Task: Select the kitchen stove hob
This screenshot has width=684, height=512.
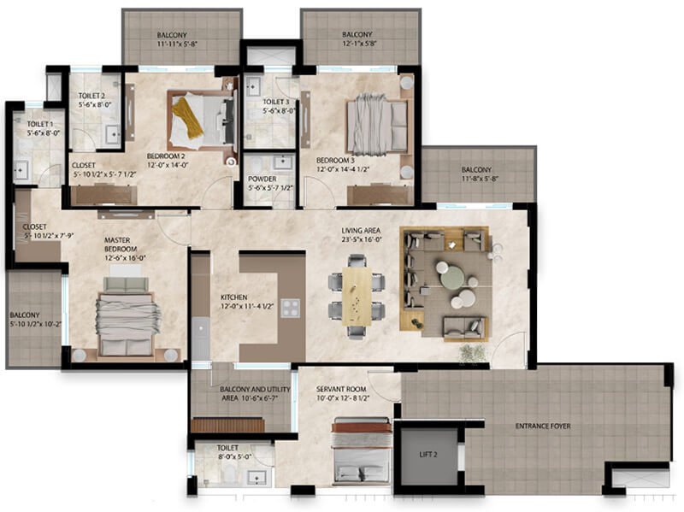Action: click(x=292, y=308)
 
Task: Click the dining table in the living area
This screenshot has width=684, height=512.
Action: click(x=357, y=295)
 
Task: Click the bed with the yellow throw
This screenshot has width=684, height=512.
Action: click(x=200, y=121)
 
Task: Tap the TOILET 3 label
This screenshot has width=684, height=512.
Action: click(x=277, y=103)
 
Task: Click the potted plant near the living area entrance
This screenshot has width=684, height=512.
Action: click(x=471, y=353)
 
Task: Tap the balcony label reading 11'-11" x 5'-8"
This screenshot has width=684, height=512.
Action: click(x=181, y=43)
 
